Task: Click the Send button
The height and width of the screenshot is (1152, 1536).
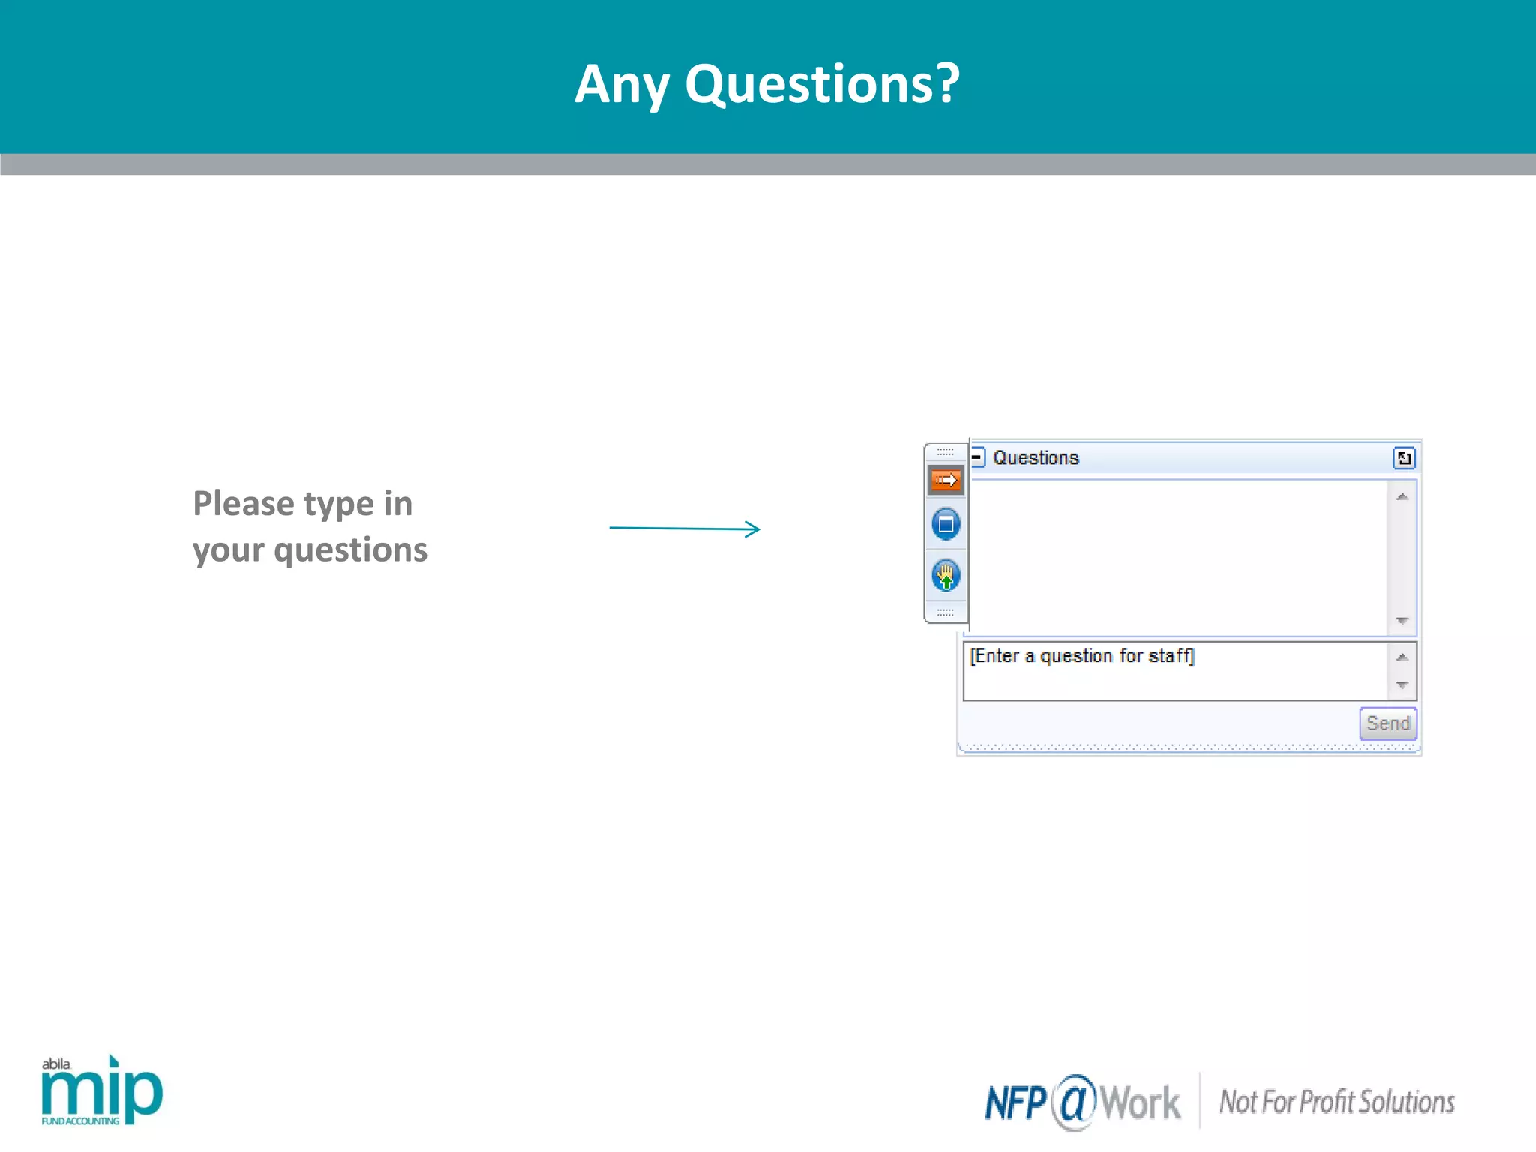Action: coord(1387,724)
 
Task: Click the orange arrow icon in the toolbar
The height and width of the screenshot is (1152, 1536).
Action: coord(946,480)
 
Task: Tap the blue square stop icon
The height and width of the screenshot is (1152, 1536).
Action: coord(946,524)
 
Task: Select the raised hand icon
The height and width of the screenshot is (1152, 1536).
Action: coord(946,576)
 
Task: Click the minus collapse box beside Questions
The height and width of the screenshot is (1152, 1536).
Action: coord(977,457)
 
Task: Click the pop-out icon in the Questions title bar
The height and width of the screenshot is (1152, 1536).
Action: coord(1403,457)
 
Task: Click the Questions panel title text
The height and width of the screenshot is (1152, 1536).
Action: coord(1036,457)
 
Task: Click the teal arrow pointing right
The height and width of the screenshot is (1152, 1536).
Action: coord(685,529)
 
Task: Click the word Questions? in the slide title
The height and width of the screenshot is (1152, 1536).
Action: coord(822,83)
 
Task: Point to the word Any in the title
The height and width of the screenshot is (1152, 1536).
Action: coord(621,85)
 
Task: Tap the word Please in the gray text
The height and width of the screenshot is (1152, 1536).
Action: coord(243,503)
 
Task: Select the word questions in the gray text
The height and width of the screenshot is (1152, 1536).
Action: coord(350,550)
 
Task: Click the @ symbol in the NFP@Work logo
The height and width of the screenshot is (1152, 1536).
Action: coord(1074,1101)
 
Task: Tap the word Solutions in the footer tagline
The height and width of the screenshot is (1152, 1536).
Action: coord(1406,1102)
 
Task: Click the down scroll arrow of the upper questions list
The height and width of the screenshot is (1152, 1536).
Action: coord(1402,621)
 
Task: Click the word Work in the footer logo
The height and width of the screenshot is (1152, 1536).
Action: coord(1140,1103)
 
